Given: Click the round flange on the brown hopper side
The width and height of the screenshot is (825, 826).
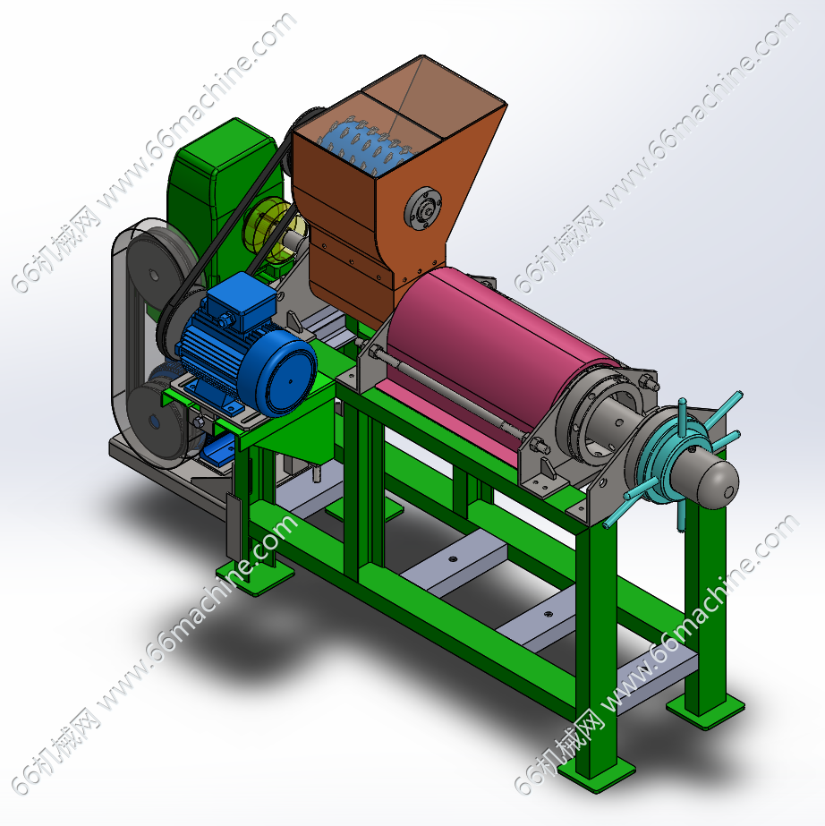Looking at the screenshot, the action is tap(422, 209).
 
